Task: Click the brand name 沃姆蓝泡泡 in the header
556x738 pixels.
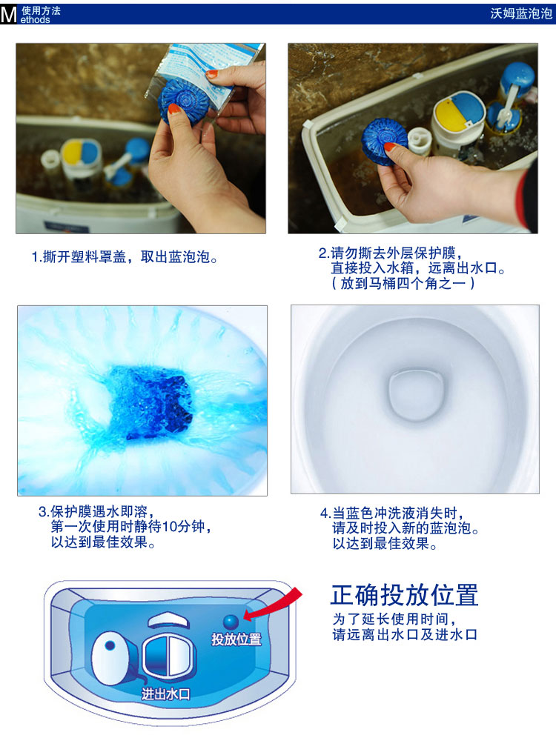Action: click(x=522, y=13)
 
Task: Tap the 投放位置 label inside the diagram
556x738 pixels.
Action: click(x=236, y=639)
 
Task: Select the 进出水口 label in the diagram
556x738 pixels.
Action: click(x=166, y=694)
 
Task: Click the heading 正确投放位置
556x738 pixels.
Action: click(x=405, y=595)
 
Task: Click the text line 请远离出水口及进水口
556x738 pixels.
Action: click(x=404, y=634)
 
